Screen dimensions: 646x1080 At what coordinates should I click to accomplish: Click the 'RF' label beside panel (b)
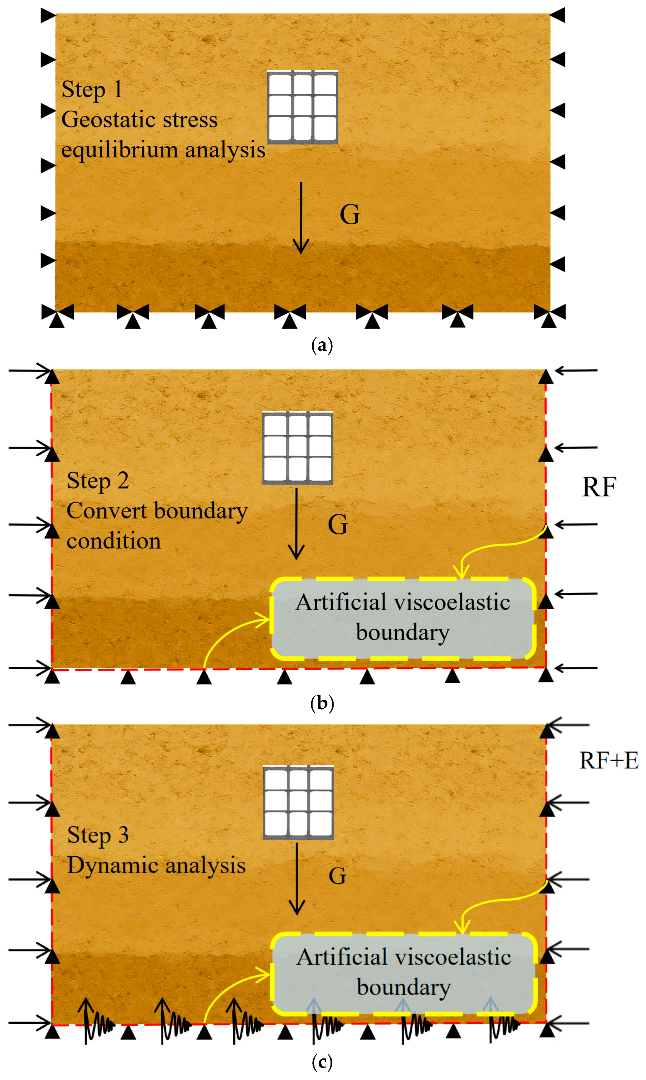click(599, 487)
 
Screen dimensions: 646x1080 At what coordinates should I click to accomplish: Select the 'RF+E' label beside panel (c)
click(609, 761)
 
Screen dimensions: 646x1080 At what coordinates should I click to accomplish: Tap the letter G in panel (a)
click(350, 214)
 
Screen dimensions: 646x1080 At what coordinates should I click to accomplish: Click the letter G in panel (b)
click(338, 524)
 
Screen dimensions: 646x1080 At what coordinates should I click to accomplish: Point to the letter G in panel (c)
click(337, 876)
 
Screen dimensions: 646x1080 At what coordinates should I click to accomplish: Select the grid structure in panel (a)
click(303, 107)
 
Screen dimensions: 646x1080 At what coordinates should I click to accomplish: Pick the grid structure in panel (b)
click(298, 448)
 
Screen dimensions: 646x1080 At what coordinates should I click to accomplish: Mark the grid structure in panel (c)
click(299, 802)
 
